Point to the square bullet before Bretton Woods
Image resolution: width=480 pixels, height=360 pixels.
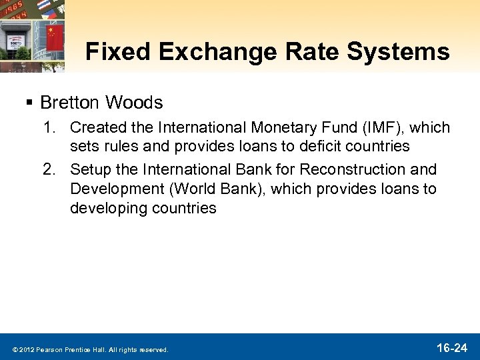[x=29, y=103]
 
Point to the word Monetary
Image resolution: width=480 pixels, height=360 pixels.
[x=281, y=127]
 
